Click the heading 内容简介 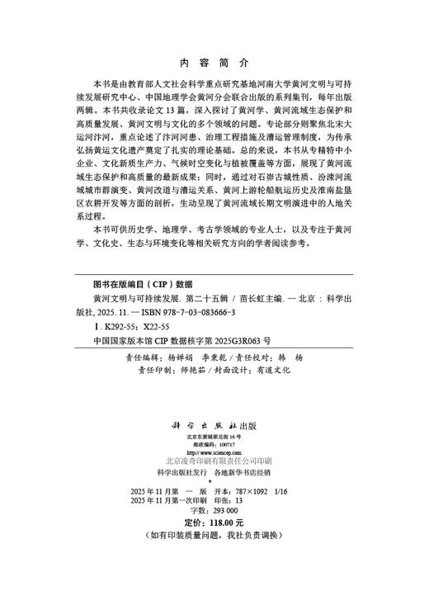[x=214, y=63]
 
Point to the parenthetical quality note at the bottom [x=214, y=535]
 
